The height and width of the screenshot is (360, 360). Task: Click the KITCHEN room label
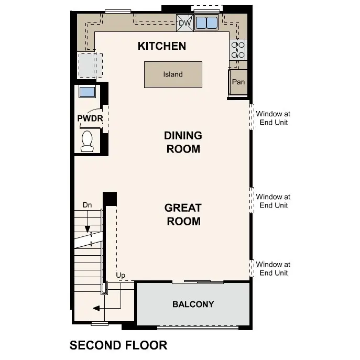(x=161, y=46)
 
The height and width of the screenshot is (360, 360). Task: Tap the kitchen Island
(x=173, y=74)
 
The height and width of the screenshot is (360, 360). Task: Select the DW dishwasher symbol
(x=185, y=23)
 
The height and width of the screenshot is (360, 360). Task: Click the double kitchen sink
(x=206, y=23)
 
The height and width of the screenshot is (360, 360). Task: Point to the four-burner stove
(x=238, y=50)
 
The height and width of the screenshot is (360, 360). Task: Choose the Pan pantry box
(x=238, y=82)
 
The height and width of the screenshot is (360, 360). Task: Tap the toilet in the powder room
(x=87, y=140)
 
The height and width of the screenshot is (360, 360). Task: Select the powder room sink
(x=87, y=92)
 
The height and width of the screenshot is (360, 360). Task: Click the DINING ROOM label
(x=183, y=142)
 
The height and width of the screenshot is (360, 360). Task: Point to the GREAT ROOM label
(x=183, y=214)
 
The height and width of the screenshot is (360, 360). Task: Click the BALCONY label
(x=193, y=304)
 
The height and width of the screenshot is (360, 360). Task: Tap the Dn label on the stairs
(x=87, y=204)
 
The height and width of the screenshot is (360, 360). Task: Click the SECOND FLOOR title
(x=118, y=345)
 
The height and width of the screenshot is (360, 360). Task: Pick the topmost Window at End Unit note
(x=273, y=118)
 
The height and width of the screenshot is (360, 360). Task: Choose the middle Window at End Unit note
(x=273, y=201)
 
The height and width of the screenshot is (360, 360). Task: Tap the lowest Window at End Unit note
(x=273, y=269)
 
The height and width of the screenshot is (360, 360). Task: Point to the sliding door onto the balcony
(x=198, y=282)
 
